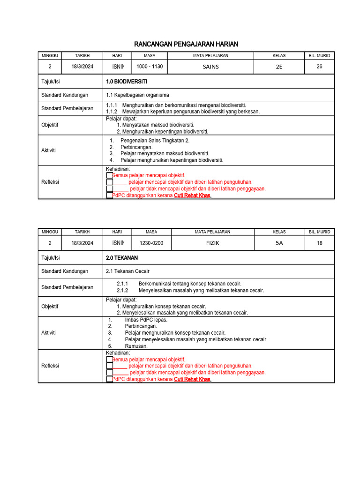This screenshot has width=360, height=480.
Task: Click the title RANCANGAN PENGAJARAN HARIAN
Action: click(x=186, y=44)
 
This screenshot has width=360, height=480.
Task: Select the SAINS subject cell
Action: click(x=210, y=67)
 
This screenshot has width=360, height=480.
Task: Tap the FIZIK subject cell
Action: click(x=212, y=243)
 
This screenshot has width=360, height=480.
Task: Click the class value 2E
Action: click(x=279, y=67)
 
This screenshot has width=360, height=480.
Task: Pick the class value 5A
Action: click(x=279, y=243)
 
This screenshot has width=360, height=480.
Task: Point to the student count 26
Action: click(x=319, y=67)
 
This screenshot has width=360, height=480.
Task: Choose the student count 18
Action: click(x=319, y=243)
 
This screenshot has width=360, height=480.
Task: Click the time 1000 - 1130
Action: click(x=150, y=67)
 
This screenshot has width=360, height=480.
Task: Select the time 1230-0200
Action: click(x=151, y=243)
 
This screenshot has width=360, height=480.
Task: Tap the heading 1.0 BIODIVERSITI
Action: click(x=127, y=82)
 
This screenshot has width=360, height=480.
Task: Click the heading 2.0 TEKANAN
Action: click(x=122, y=258)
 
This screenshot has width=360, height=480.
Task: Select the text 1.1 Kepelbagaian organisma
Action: click(x=137, y=95)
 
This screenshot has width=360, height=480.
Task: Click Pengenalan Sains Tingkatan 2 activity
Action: click(x=155, y=141)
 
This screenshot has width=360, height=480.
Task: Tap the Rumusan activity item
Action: click(x=136, y=346)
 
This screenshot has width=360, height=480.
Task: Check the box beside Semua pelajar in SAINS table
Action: click(x=110, y=175)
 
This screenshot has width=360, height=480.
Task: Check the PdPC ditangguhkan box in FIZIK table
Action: click(x=110, y=379)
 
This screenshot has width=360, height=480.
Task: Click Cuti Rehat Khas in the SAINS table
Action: click(x=192, y=195)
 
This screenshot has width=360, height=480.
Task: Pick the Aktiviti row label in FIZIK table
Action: click(x=48, y=332)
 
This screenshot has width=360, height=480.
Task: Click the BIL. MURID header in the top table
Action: click(x=319, y=55)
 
